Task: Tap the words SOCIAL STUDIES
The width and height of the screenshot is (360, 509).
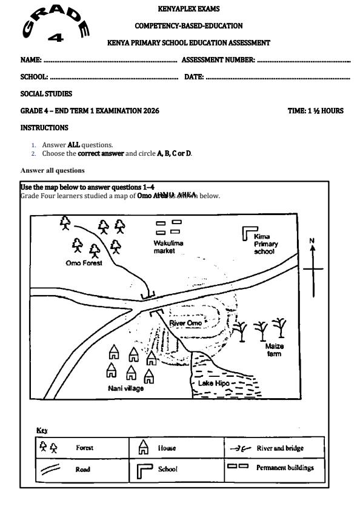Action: [x=46, y=94]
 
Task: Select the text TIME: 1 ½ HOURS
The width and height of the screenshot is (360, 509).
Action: [x=315, y=111]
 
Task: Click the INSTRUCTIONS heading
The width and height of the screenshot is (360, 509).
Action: [x=44, y=128]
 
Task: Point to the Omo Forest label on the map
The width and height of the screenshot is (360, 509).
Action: [x=84, y=263]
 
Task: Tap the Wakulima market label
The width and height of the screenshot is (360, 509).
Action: [x=168, y=247]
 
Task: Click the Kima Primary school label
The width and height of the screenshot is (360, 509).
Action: [x=265, y=244]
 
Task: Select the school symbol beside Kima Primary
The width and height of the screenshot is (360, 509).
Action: [x=248, y=233]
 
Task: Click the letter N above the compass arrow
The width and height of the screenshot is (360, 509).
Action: [x=313, y=241]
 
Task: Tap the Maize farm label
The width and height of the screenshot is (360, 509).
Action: [x=275, y=350]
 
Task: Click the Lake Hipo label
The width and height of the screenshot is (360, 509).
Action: [x=212, y=384]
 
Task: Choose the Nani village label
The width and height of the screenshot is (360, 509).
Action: [x=126, y=388]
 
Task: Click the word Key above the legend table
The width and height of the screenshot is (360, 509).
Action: [x=42, y=430]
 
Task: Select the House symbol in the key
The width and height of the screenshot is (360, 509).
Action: [x=144, y=448]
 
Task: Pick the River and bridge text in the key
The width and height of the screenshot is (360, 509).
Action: [x=280, y=448]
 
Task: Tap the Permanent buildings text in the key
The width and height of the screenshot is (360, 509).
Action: [x=285, y=468]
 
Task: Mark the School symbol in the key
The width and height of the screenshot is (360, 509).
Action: [x=144, y=469]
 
